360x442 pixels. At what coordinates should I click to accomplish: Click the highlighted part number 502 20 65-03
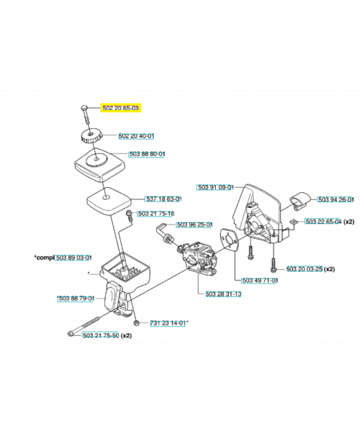[121, 109]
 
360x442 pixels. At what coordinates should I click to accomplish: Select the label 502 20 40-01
[136, 136]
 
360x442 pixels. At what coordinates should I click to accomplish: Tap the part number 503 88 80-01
[147, 155]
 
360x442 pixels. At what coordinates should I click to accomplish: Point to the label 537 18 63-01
[163, 199]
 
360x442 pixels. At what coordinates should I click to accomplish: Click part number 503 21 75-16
[156, 213]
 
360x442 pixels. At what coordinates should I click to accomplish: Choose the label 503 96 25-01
[194, 225]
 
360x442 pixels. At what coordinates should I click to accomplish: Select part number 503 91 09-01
[216, 187]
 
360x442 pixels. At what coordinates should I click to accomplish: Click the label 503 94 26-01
[336, 199]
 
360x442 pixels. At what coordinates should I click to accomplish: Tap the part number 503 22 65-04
[323, 221]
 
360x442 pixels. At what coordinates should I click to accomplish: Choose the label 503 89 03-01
[74, 258]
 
